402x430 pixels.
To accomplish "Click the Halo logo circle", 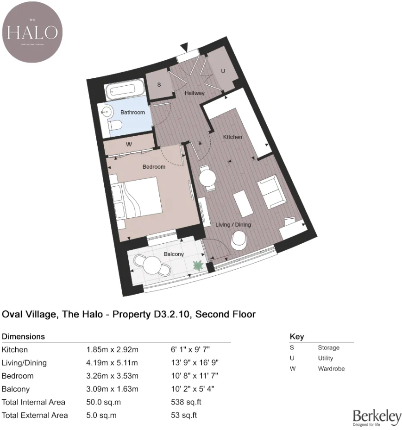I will click(x=32, y=32).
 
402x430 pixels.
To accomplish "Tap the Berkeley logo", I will click(x=377, y=417).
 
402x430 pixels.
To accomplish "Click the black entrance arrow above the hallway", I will click(x=185, y=46).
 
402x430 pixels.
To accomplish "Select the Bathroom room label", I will click(x=132, y=112).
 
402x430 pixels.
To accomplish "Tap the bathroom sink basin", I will click(x=107, y=111).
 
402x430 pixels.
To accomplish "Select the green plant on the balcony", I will click(x=198, y=266).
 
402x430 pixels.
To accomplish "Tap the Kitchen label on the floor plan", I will click(x=232, y=137).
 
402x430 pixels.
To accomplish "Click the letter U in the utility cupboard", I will click(x=222, y=71).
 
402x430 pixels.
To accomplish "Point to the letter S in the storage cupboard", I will click(x=159, y=85).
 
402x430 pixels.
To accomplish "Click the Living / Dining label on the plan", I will click(x=233, y=225).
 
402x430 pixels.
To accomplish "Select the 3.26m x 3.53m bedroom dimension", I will click(x=112, y=376).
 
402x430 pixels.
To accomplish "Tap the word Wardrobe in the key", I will click(x=331, y=369).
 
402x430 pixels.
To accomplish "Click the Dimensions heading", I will click(x=23, y=336).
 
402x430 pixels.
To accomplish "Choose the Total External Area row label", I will click(x=35, y=415).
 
